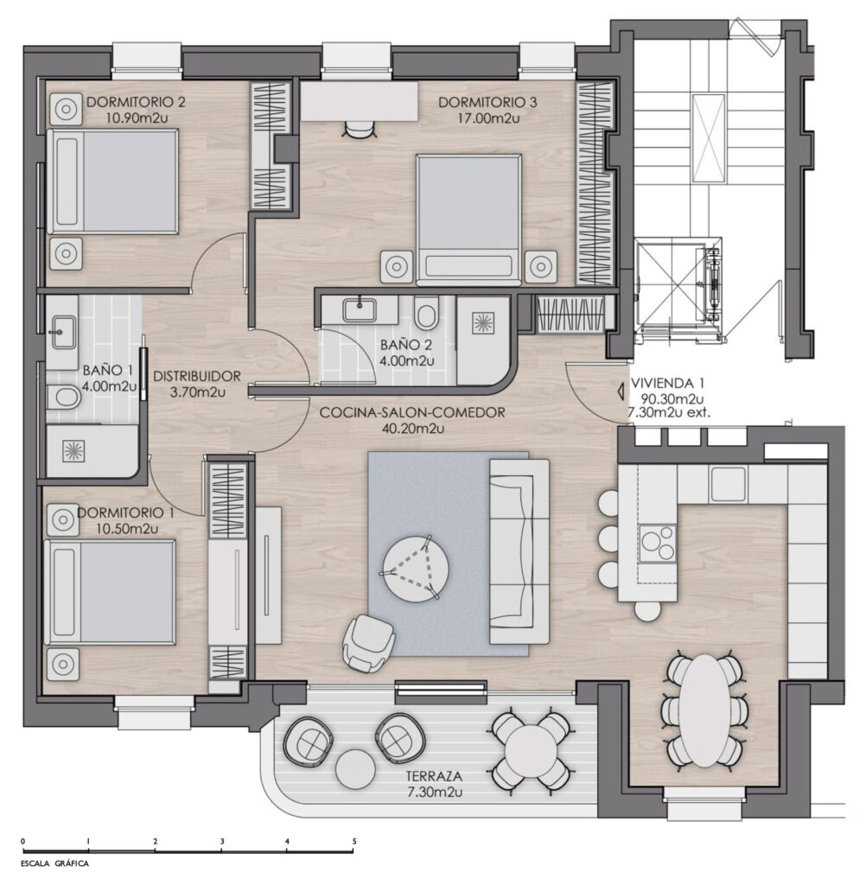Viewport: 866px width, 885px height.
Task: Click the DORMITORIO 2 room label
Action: point(136,102)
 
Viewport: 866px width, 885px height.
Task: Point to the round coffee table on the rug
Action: point(416,570)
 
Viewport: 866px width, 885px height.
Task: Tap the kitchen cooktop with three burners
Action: point(657,543)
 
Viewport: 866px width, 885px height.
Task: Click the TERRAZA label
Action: point(435,776)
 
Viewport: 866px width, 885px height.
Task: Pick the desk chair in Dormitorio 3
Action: point(360,130)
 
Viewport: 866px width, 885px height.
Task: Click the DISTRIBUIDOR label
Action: point(197,376)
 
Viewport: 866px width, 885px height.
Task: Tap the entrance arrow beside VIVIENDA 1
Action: point(620,391)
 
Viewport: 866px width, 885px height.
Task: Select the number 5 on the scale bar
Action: point(354,841)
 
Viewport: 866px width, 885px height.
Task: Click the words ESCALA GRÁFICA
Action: point(54,863)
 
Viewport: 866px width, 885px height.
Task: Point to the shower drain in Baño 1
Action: point(73,451)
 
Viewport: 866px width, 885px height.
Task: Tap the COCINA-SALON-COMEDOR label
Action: point(412,412)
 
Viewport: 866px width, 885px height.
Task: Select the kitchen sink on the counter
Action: point(728,484)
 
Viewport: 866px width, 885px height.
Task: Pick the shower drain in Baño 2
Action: point(483,323)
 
